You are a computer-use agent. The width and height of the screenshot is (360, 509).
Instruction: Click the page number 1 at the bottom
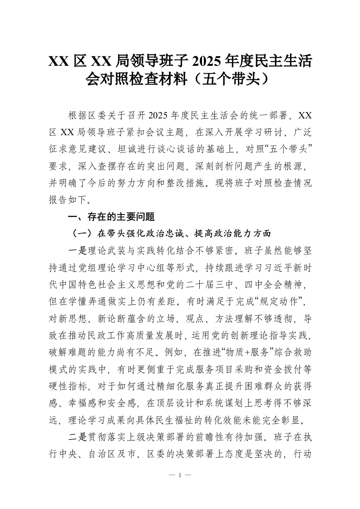[180, 475]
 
